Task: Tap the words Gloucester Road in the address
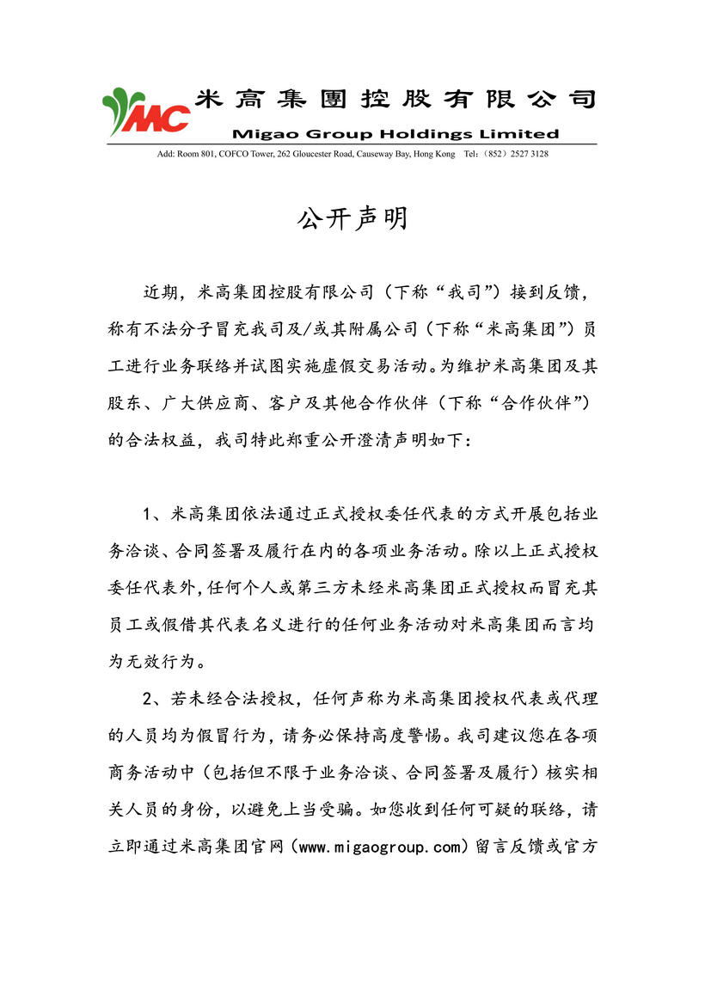pos(339,154)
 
